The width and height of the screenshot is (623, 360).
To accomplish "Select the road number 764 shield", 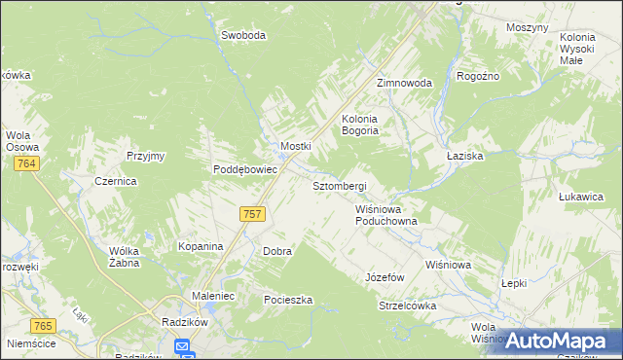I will (x=26, y=165).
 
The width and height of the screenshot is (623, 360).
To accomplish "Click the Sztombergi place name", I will (x=339, y=185).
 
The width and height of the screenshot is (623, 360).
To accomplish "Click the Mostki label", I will (x=295, y=146).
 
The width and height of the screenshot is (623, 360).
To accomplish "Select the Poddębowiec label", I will (x=246, y=168).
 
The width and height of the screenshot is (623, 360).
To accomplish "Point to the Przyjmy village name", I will (x=146, y=156).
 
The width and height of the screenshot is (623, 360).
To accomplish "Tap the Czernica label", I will (x=115, y=181).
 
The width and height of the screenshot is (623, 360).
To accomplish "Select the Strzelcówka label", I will (x=407, y=306).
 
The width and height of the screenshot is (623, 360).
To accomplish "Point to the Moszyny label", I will (x=528, y=27).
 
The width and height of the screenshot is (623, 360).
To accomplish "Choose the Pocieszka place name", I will (x=288, y=300).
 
